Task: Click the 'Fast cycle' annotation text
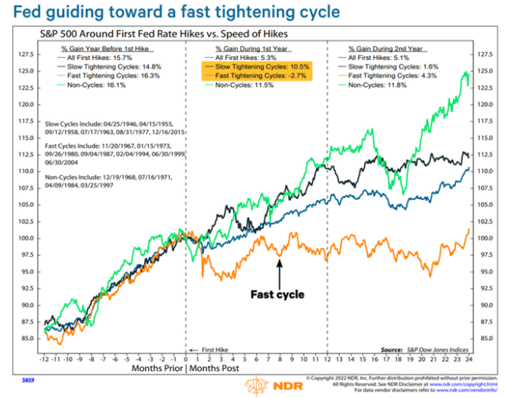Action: click(x=277, y=294)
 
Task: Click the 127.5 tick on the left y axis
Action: click(x=26, y=54)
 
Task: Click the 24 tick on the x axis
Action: click(x=470, y=359)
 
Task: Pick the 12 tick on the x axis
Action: click(x=327, y=359)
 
